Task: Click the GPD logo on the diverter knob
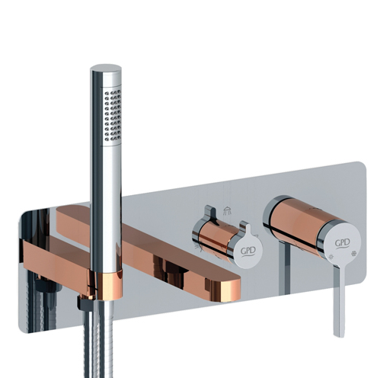tap(248, 251)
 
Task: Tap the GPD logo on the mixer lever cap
tap(343, 243)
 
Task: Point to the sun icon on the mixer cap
tap(331, 256)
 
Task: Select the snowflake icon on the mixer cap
tap(353, 253)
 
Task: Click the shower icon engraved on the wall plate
tap(227, 211)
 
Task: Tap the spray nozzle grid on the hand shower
tap(113, 116)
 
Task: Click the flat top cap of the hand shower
tap(106, 69)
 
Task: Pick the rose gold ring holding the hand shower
tap(106, 284)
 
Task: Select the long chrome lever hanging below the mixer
tap(340, 300)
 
